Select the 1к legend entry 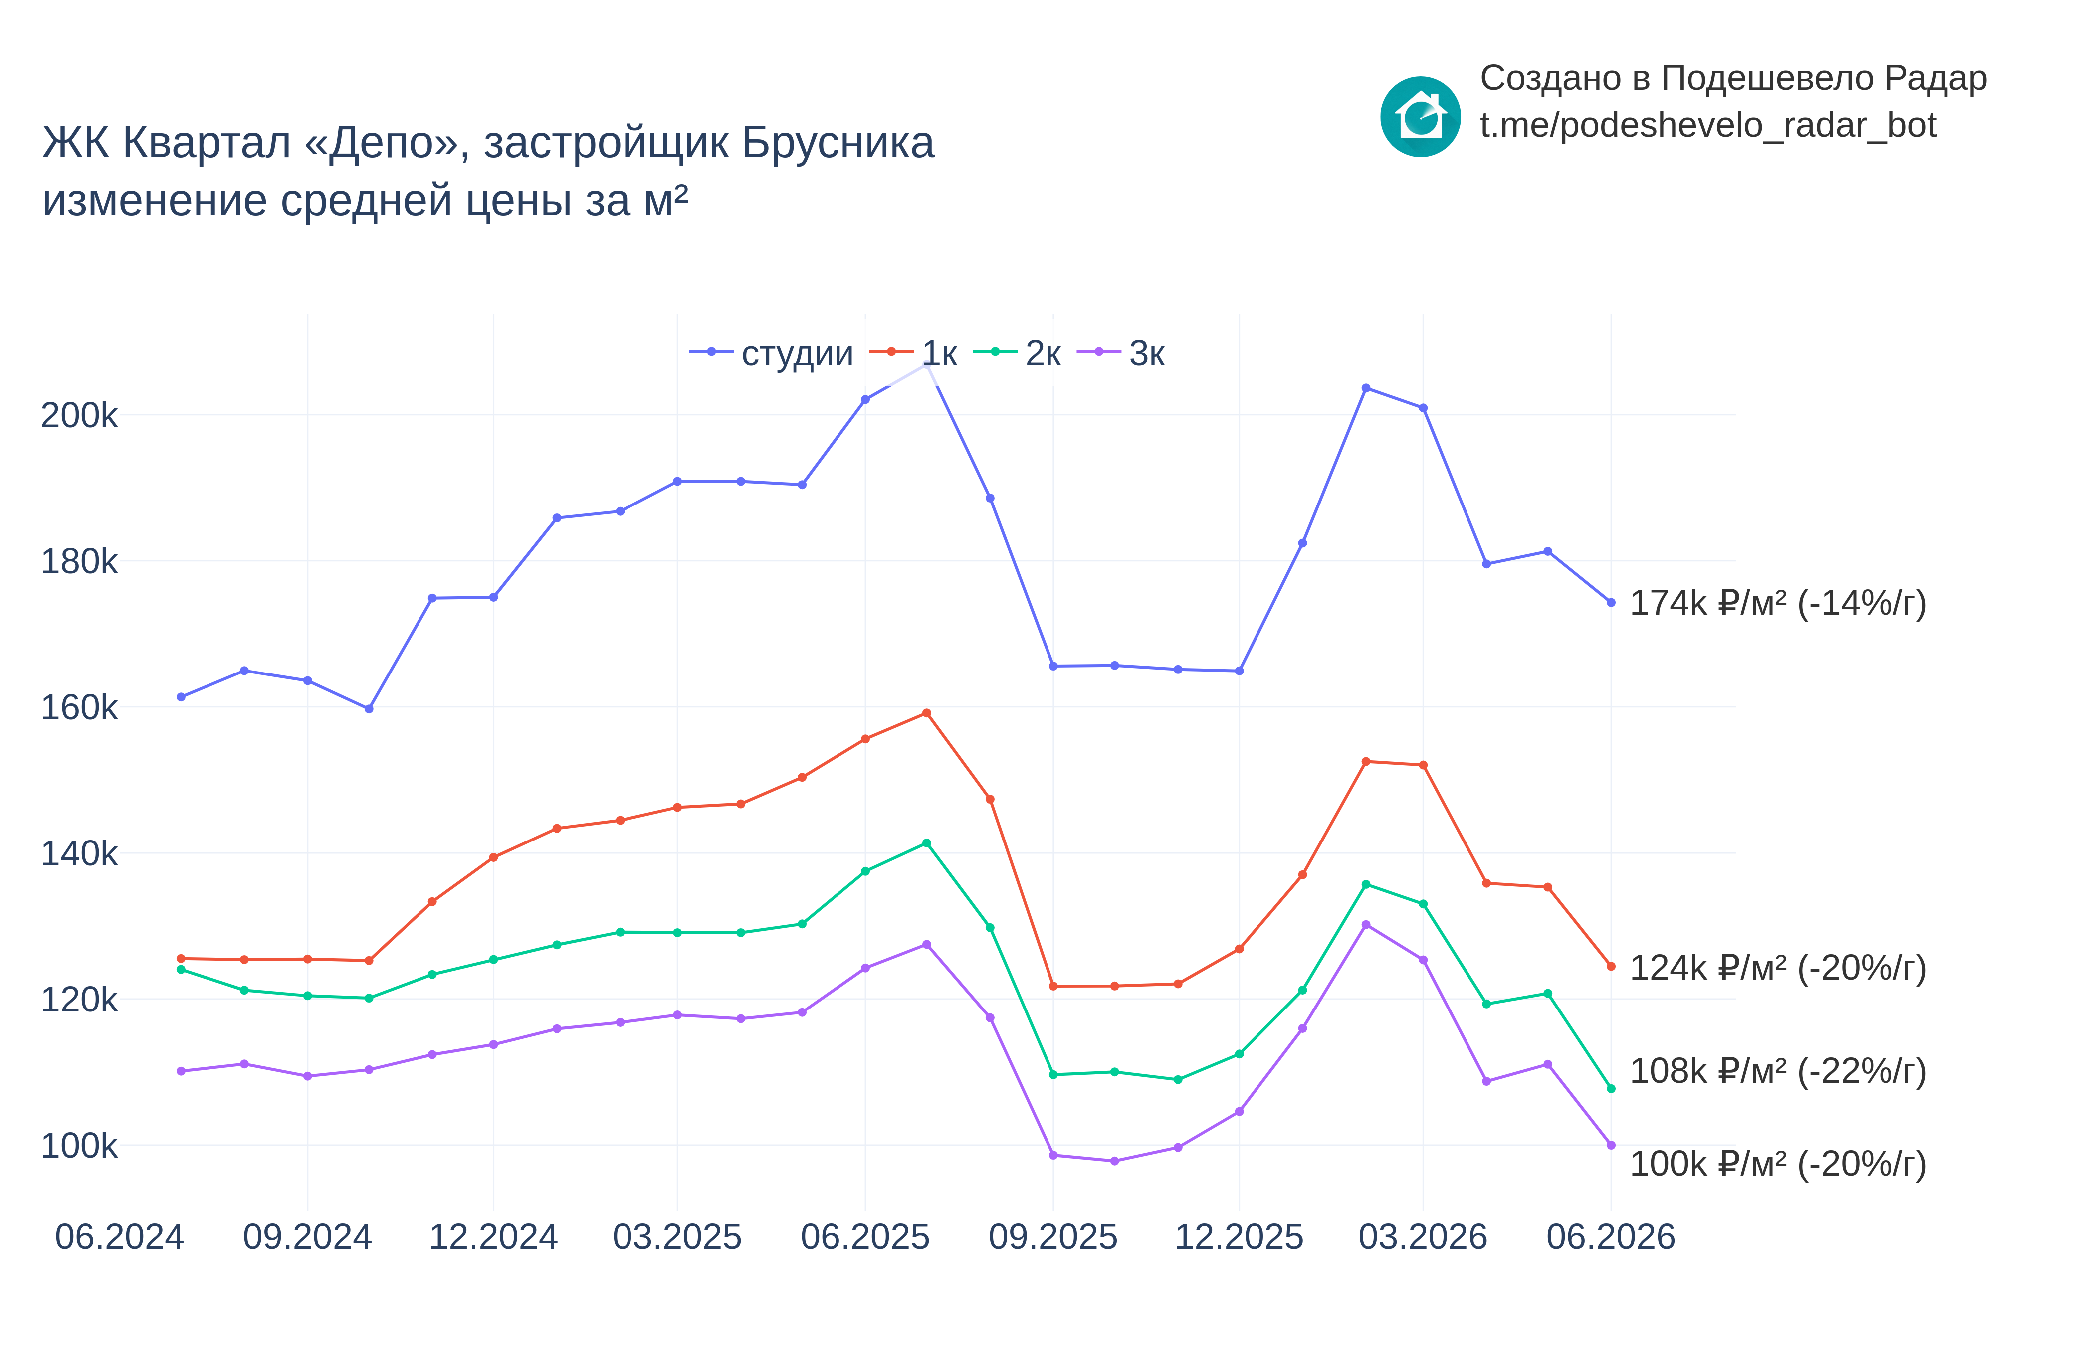point(913,353)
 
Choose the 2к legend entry point(1017,353)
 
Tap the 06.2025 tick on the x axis point(865,1237)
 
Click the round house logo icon point(1420,116)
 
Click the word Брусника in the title point(838,143)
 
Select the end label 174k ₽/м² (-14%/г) point(1778,603)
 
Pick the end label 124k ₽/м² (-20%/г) point(1778,968)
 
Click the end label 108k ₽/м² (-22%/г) point(1778,1071)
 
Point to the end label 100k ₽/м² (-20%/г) point(1778,1164)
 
